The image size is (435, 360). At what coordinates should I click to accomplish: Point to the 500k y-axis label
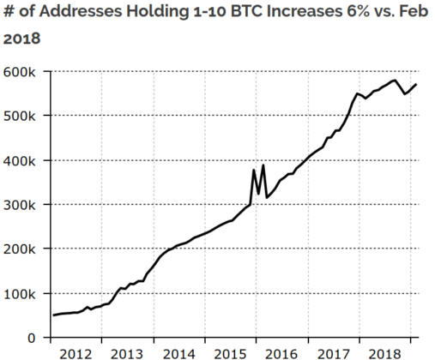click(19, 116)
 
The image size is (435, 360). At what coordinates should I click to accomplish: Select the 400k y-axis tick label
click(19, 160)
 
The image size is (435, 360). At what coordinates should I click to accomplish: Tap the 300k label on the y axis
click(19, 205)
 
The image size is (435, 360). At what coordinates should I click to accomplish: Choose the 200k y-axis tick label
click(19, 249)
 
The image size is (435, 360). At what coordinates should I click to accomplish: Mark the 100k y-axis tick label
click(19, 294)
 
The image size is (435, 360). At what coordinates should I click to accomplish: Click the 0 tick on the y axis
click(31, 339)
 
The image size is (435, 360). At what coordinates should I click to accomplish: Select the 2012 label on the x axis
click(76, 353)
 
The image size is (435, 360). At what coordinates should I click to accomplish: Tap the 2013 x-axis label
click(127, 353)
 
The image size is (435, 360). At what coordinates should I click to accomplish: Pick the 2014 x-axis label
click(178, 353)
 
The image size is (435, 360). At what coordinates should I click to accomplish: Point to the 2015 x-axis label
click(230, 353)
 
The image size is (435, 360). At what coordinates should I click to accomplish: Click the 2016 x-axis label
click(281, 353)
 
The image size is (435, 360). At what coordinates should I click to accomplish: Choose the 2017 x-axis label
click(333, 353)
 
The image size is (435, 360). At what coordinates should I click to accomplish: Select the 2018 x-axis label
click(384, 353)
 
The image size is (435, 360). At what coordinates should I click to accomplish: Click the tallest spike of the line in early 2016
click(263, 165)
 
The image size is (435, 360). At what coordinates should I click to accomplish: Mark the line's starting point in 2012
click(53, 315)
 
